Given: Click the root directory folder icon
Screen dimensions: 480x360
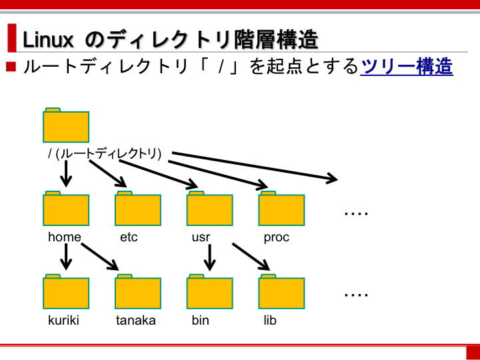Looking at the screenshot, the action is (66, 125).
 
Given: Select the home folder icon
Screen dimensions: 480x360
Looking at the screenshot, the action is (66, 209).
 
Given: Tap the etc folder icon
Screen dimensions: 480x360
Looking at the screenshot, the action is (138, 209).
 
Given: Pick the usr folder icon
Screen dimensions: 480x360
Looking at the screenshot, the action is (210, 209).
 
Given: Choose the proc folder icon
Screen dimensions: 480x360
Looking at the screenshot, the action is (281, 209).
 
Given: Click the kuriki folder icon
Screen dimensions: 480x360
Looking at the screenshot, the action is (66, 292).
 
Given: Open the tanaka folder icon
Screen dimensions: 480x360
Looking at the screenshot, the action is (138, 292).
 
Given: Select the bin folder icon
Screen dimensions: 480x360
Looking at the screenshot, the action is (210, 292).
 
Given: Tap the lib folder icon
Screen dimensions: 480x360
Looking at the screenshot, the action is (281, 292).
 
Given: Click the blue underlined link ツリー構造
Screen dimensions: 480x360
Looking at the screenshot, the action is (407, 67).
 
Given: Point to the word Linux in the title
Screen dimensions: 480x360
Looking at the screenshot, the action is (48, 40).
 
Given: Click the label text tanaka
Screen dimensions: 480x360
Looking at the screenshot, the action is (135, 321).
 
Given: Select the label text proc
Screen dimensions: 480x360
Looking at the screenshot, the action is (277, 237).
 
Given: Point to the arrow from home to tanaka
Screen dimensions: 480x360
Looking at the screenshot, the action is (100, 257).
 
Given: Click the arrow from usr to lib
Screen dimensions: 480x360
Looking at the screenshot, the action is (251, 257).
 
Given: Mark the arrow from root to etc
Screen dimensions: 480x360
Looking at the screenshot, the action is (108, 173).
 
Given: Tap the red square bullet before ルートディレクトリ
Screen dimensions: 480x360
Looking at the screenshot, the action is (11, 67).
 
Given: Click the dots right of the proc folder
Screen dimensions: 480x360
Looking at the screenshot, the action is (356, 213).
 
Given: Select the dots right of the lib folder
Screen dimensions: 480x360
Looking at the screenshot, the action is (356, 295).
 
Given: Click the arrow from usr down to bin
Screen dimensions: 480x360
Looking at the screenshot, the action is (210, 257).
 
